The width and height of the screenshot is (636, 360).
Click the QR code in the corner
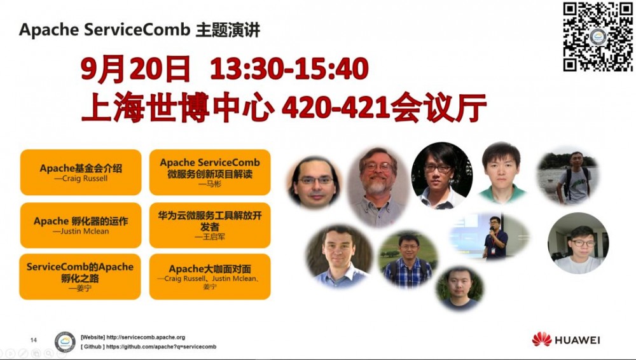pyautogui.click(x=598, y=37)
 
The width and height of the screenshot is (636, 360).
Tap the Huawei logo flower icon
pyautogui.click(x=542, y=339)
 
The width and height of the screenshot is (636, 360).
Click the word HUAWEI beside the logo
pyautogui.click(x=577, y=340)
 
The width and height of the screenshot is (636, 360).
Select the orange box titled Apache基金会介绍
pyautogui.click(x=81, y=172)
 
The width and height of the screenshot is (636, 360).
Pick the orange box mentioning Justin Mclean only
pyautogui.click(x=81, y=225)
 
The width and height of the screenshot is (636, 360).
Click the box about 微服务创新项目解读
pyautogui.click(x=210, y=172)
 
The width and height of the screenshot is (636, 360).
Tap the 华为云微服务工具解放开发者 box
pyautogui.click(x=210, y=225)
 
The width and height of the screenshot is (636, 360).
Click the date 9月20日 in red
pyautogui.click(x=136, y=69)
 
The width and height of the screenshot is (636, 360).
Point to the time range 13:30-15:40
pyautogui.click(x=289, y=69)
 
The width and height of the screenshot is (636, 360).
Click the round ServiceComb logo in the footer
pyautogui.click(x=65, y=342)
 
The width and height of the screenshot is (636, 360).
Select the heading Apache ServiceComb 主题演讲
pyautogui.click(x=139, y=30)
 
